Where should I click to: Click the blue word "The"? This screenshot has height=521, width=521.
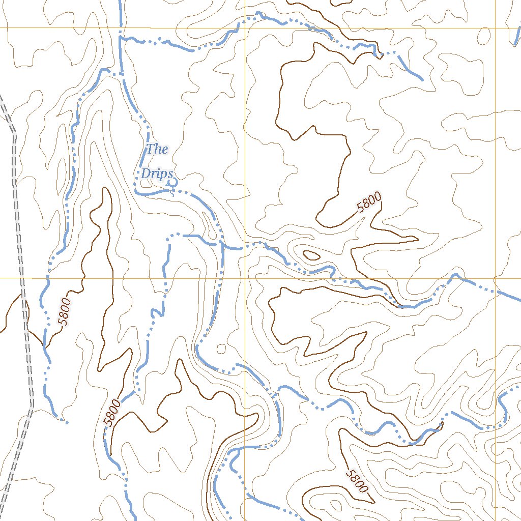pyautogui.click(x=157, y=149)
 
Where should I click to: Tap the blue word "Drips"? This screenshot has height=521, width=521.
pyautogui.click(x=155, y=174)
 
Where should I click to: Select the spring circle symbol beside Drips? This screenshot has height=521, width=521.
pyautogui.click(x=172, y=181)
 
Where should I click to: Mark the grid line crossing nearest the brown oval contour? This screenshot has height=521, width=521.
pyautogui.click(x=245, y=278)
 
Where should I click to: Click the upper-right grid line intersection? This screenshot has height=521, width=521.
pyautogui.click(x=496, y=28)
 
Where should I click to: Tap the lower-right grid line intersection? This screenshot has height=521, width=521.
pyautogui.click(x=496, y=278)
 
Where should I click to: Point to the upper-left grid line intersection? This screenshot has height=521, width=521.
pyautogui.click(x=245, y=28)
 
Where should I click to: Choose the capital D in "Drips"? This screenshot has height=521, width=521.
pyautogui.click(x=145, y=174)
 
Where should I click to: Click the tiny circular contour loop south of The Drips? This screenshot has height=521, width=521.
pyautogui.click(x=221, y=349)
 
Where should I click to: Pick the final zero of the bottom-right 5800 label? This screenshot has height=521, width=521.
pyautogui.click(x=363, y=489)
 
